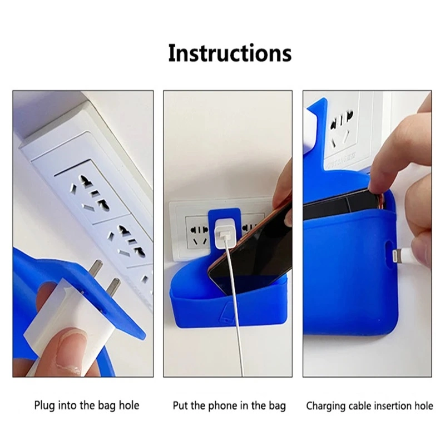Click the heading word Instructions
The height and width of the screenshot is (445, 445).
230,53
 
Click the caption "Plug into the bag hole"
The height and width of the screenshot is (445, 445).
86,406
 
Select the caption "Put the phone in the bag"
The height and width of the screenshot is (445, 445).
229,406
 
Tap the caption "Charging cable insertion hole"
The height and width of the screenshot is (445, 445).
369,406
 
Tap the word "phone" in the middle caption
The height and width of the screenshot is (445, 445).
222,406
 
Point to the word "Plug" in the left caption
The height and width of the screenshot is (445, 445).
44,406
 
